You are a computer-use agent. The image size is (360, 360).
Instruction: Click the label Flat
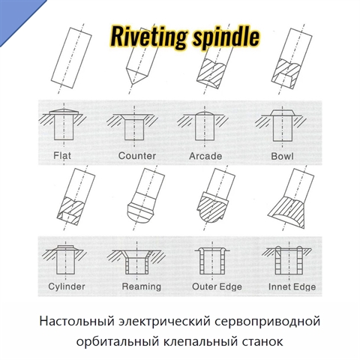pos(62,155)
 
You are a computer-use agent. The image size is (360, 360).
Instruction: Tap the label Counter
pos(137,156)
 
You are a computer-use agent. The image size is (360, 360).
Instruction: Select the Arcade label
pos(205,156)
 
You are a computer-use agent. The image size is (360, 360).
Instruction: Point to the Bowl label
pos(282,156)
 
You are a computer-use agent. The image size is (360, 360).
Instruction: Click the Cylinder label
pos(67,286)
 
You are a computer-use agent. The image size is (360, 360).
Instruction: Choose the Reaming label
pos(142,286)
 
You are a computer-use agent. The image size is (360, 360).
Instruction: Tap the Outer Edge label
pos(217,286)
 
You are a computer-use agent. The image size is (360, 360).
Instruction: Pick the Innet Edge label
pos(292,286)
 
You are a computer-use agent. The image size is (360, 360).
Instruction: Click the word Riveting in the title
pos(148,37)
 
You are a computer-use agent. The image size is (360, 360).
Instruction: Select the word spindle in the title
pos(226,37)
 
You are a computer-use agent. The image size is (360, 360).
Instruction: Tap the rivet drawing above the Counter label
pos(134,126)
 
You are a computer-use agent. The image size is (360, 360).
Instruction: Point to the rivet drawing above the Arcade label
pos(205,126)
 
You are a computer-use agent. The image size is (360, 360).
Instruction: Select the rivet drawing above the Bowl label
pos(283,125)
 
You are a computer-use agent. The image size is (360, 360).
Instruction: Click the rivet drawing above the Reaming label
pos(137,262)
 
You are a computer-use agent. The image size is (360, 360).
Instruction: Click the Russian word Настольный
pos(77,322)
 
